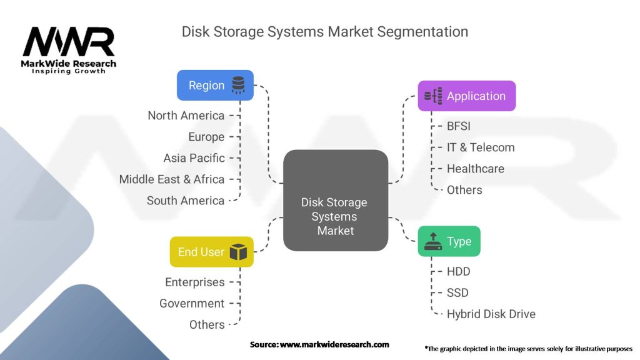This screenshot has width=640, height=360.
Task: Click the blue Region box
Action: tap(215, 85)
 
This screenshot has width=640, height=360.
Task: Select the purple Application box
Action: tap(466, 96)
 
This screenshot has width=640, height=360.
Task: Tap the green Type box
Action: tap(449, 241)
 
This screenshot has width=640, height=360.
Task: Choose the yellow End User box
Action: tap(211, 252)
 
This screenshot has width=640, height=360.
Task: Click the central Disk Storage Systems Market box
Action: tap(336, 201)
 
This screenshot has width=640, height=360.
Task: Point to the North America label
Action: tap(186, 116)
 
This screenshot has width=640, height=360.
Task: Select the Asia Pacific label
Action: tap(194, 158)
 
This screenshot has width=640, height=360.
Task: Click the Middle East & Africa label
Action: tap(172, 179)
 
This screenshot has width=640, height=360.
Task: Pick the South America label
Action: tap(186, 201)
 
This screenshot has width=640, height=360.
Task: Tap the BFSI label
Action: tap(459, 126)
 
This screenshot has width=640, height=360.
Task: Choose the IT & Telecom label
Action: tap(481, 147)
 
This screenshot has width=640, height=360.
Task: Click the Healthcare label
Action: tap(476, 169)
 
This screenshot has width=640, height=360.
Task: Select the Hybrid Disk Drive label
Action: tap(491, 314)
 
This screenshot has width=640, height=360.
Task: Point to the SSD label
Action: tap(457, 292)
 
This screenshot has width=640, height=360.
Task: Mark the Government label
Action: tap(192, 303)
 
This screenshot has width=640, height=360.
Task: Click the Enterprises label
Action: tap(195, 282)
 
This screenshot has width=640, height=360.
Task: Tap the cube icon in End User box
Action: tap(238, 252)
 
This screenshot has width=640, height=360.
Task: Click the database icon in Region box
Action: tap(238, 85)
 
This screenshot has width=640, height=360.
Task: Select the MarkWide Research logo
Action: tap(69, 51)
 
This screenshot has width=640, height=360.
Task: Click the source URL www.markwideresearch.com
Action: tap(334, 344)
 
